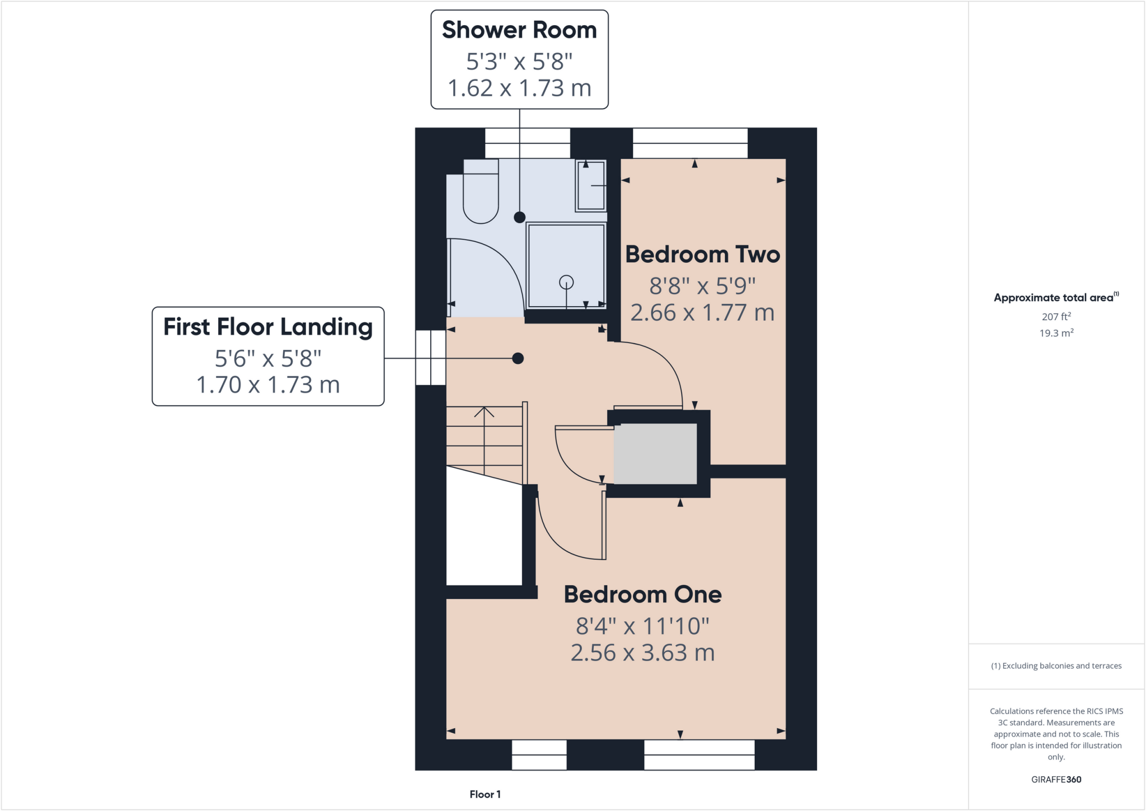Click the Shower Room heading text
point(519,30)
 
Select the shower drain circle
point(566,282)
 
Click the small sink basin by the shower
point(591,186)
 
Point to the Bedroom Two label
point(702,255)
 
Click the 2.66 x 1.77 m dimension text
point(702,313)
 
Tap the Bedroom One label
point(642,594)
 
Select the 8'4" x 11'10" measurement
point(642,626)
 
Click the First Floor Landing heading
point(268,327)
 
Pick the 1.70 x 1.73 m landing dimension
point(268,385)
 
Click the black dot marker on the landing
point(518,358)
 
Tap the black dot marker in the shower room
point(520,217)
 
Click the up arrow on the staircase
point(484,413)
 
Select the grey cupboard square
point(655,453)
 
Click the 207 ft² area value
point(1056,317)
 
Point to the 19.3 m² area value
point(1056,333)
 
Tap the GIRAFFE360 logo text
point(1056,779)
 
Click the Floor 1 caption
point(485,794)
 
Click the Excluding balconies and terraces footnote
point(1056,666)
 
